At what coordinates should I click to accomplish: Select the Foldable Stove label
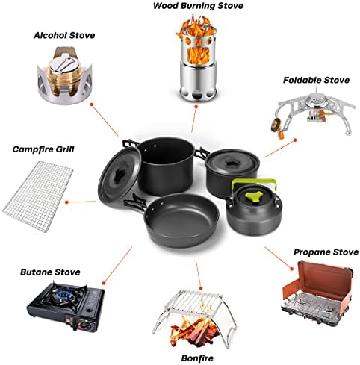coord(314,79)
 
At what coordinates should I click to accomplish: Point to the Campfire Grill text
coord(42,149)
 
